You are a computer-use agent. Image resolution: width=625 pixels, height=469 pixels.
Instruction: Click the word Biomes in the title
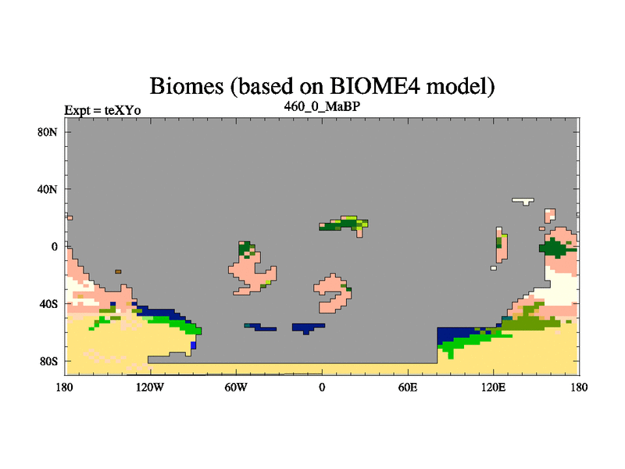pos(187,86)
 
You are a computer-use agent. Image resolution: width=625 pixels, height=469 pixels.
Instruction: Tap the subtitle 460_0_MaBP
pos(322,107)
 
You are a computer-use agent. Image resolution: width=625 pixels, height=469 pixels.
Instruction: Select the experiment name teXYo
pos(123,110)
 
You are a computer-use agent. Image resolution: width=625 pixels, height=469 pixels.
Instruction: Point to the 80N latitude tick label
pos(48,132)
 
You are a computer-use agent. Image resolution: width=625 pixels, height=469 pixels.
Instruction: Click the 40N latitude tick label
pos(48,189)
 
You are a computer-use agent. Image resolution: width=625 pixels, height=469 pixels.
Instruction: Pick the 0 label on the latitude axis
pos(54,247)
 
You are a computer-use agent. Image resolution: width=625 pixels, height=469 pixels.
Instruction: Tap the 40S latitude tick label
pos(48,304)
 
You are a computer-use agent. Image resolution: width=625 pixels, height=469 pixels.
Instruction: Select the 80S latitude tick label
pos(48,362)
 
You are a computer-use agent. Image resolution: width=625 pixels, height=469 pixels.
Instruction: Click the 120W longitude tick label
pos(150,387)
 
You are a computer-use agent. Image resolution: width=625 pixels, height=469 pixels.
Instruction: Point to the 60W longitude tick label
pos(236,387)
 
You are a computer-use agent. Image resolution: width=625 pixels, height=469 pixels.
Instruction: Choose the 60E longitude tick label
pos(408,387)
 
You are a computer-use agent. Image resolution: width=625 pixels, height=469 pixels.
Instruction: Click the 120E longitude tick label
pos(494,387)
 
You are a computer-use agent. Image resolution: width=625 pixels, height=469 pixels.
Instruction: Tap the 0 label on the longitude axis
pos(322,387)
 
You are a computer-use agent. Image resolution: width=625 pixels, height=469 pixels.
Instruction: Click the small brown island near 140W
pos(118,271)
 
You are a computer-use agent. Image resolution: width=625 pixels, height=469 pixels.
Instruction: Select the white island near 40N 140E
pos(523,201)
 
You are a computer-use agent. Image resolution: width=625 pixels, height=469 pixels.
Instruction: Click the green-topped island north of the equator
pos(344,225)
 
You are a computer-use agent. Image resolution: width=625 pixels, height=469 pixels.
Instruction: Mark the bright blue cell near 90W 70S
pos(193,345)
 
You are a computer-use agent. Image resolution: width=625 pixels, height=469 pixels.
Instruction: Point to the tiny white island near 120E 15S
pos(494,268)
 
